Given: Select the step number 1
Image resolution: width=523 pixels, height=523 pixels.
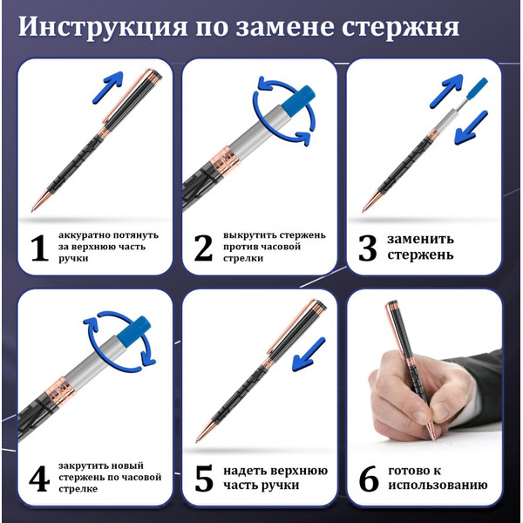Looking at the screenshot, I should pos(37,248).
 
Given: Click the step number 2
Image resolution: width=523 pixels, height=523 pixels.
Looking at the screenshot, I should pos(203,248).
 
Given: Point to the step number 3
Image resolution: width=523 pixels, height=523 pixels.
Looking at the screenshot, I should pos(369,247).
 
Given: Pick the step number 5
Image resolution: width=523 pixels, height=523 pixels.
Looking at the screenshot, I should pos(203,479).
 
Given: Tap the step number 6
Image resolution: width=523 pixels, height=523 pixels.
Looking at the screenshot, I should pos(369,479).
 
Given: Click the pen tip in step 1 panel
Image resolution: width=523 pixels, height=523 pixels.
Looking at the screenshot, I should pos(36,207).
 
